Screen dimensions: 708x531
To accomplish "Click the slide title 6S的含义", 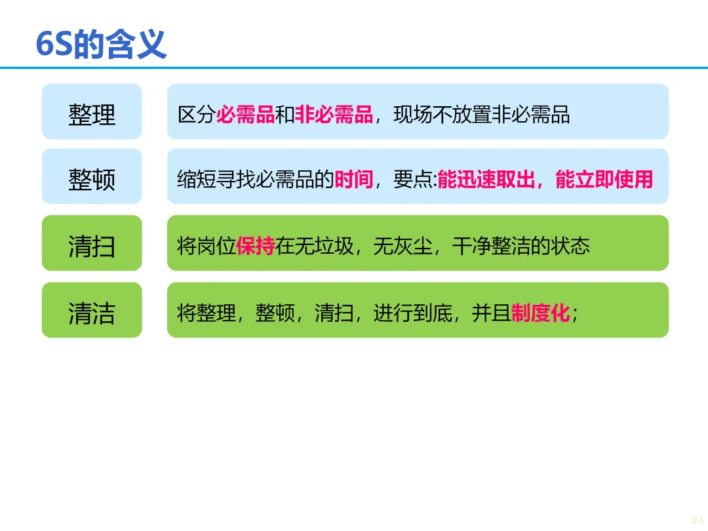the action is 102,45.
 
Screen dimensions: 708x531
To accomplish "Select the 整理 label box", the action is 92,112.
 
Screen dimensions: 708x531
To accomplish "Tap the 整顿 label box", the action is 92,177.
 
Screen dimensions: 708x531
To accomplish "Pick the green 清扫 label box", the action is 92,244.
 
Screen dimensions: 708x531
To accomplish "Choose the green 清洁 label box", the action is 92,311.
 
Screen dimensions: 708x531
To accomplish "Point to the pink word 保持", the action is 256,246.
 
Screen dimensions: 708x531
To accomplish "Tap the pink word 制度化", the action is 541,313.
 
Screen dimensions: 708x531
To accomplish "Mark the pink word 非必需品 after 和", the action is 334,115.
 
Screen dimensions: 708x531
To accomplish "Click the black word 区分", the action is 197,115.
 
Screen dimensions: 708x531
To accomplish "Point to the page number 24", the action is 698,519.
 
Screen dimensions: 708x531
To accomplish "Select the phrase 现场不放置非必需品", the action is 482,115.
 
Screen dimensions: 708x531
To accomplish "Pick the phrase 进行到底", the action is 413,313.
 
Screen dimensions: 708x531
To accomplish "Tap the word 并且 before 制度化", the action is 492,313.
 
